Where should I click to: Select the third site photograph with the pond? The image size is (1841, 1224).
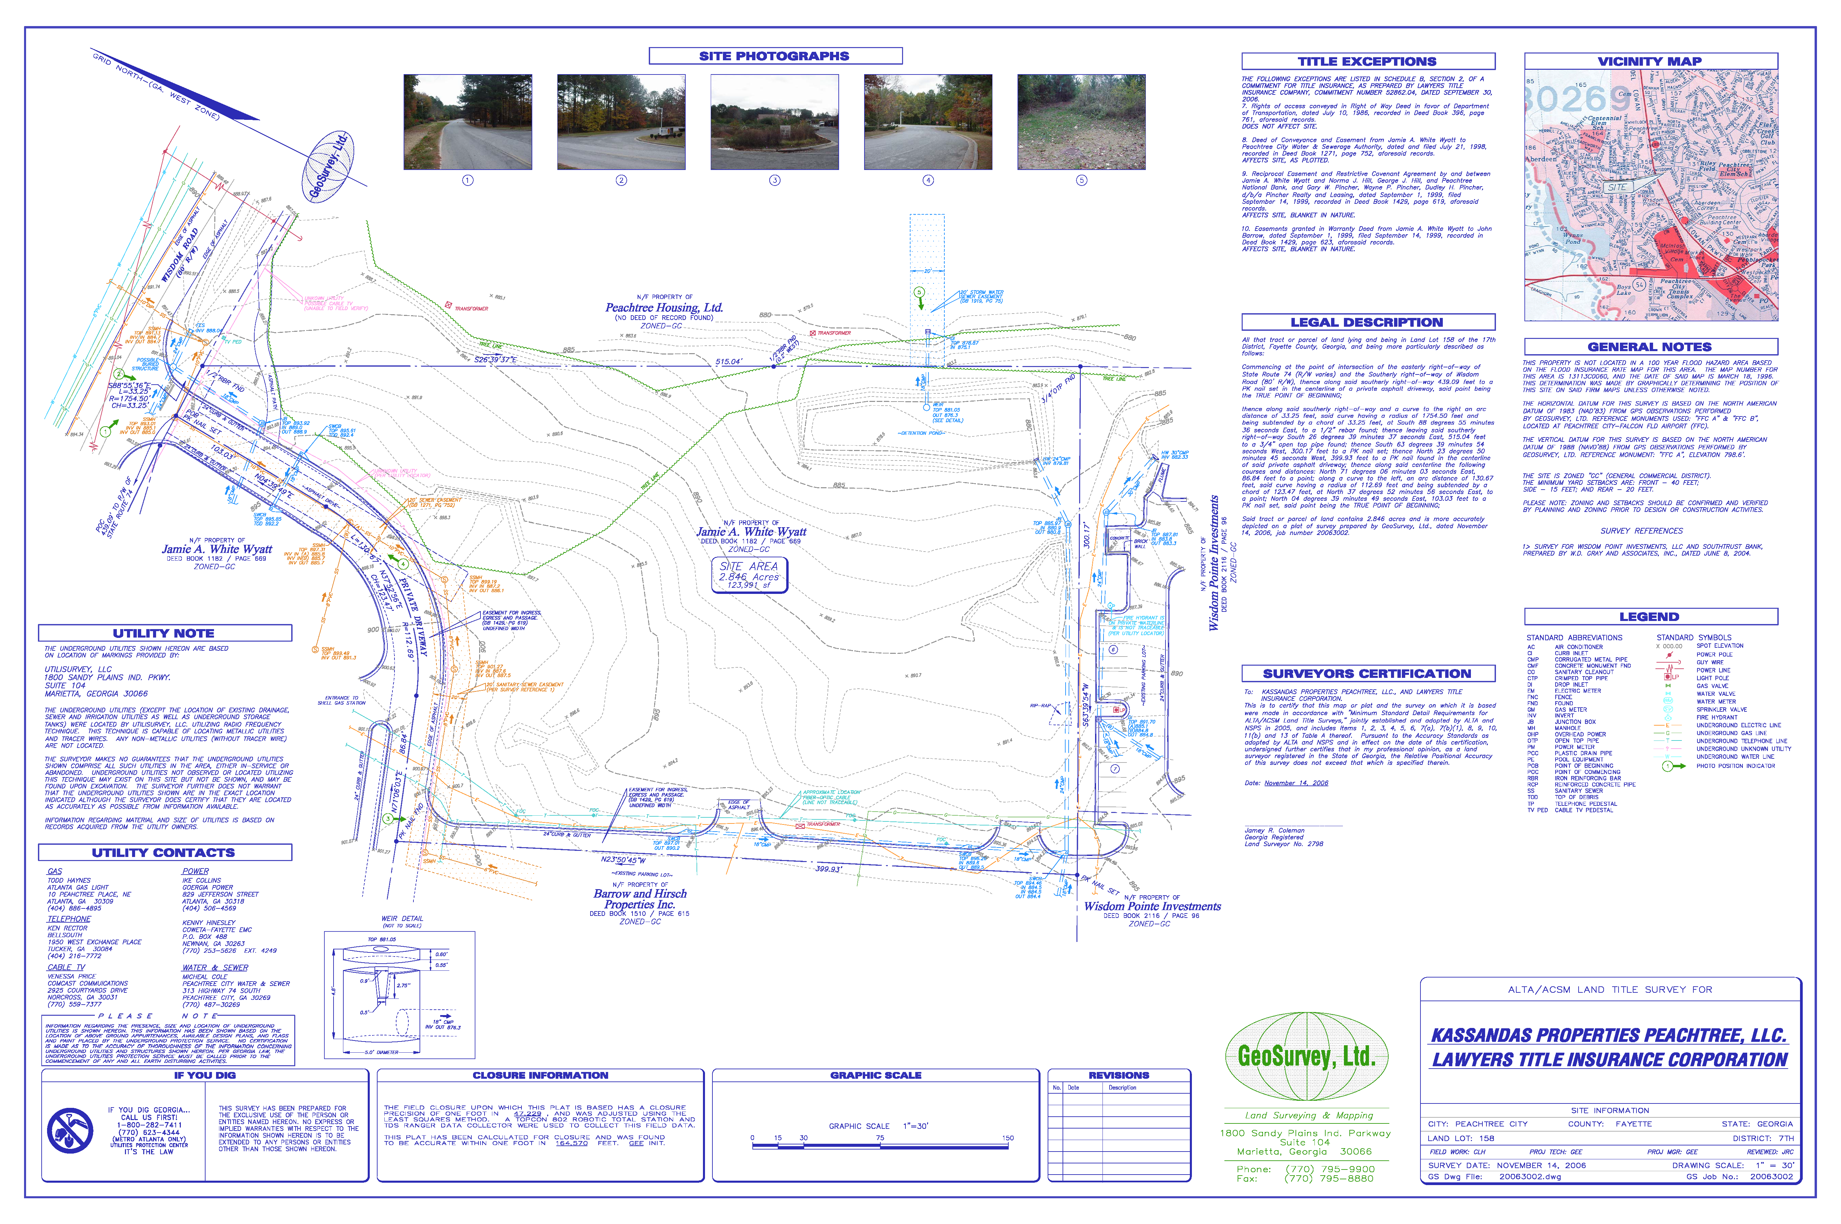pyautogui.click(x=774, y=122)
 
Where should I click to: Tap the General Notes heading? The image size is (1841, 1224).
pyautogui.click(x=1650, y=347)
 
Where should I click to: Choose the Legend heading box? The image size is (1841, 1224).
pyautogui.click(x=1650, y=617)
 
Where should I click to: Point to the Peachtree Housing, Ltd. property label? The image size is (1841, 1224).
pyautogui.click(x=664, y=307)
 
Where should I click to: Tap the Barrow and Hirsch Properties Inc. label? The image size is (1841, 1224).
pyautogui.click(x=640, y=899)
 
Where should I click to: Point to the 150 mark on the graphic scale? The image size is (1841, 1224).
pyautogui.click(x=1007, y=1138)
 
